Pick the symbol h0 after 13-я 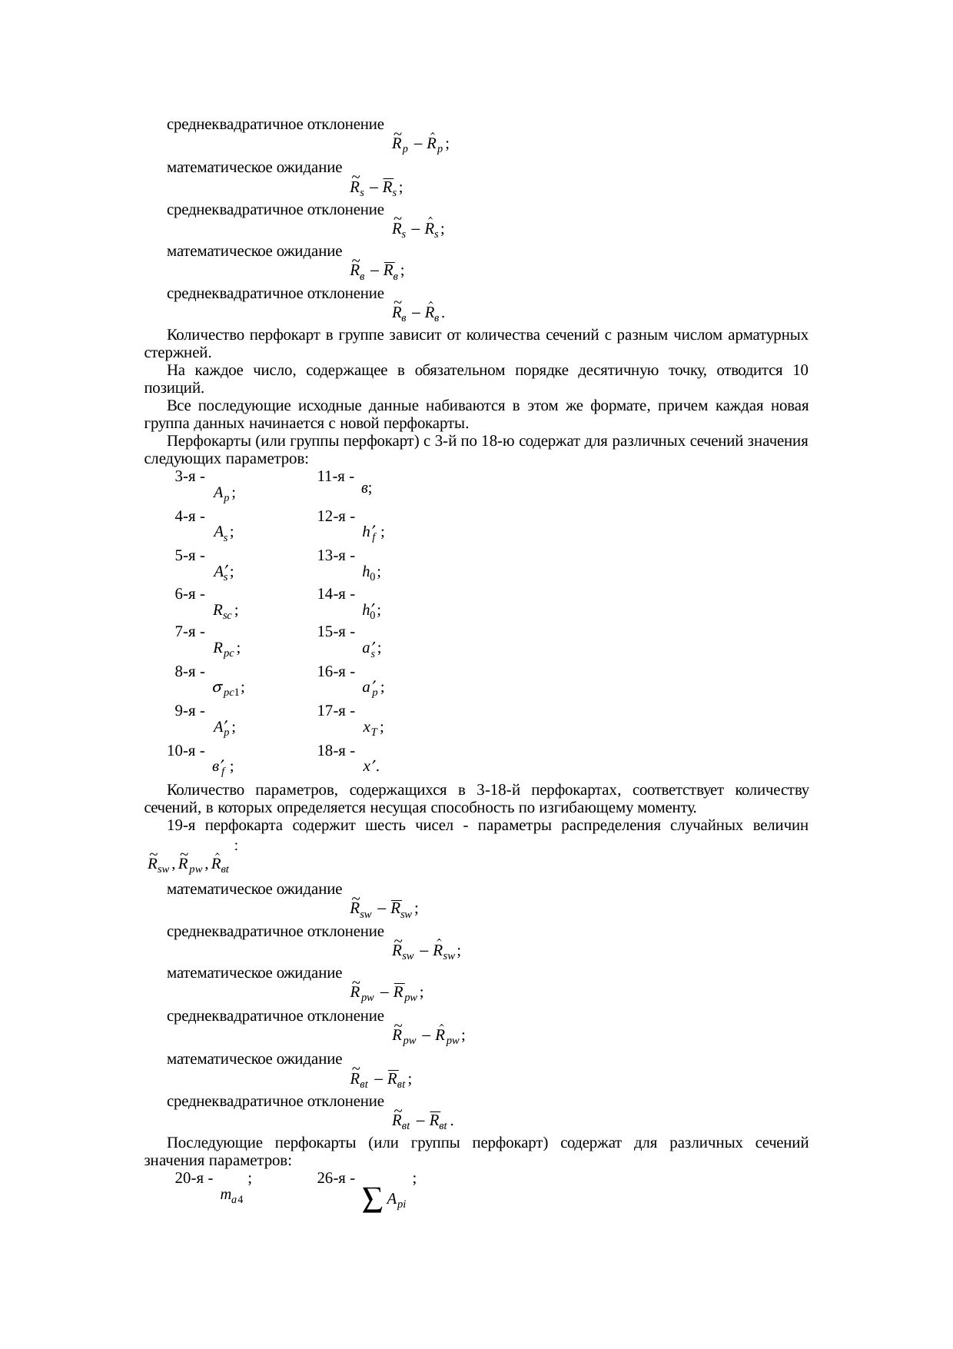coord(370,572)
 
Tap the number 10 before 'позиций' coord(800,371)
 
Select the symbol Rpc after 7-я coord(226,650)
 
